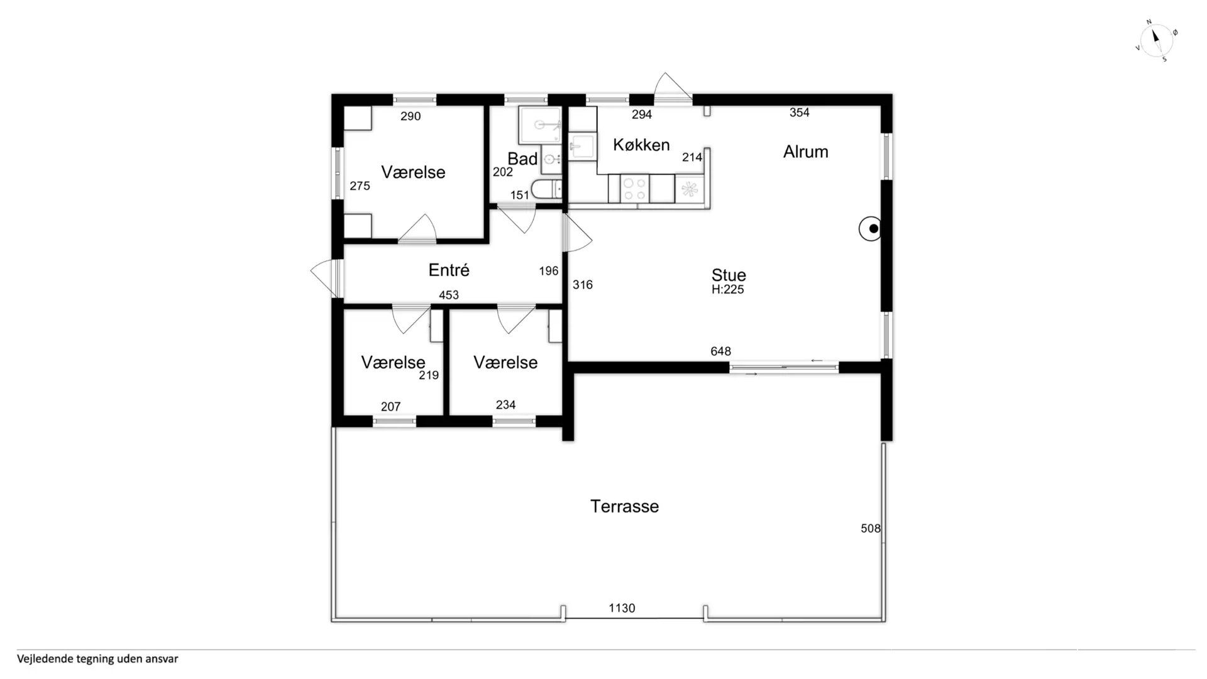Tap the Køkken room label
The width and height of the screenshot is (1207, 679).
[x=641, y=145]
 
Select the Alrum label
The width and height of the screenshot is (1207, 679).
[x=805, y=152]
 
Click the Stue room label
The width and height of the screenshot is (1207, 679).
[x=729, y=275]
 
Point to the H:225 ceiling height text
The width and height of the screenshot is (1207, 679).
[x=727, y=289]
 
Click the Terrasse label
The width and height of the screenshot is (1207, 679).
[x=624, y=506]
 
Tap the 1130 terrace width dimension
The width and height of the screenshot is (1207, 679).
[x=622, y=608]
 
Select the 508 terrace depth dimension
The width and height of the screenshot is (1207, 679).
[x=871, y=529]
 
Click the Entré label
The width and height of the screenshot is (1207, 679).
[x=449, y=270]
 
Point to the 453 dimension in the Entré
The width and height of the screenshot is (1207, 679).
[x=449, y=295]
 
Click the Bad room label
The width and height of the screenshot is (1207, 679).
[x=522, y=159]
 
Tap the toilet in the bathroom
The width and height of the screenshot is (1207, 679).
[x=546, y=189]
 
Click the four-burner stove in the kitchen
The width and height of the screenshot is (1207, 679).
[x=634, y=189]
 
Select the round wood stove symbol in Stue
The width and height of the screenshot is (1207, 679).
[x=870, y=229]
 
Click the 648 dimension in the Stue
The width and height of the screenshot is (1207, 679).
[x=720, y=351]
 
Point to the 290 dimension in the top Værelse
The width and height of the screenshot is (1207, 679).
[x=411, y=116]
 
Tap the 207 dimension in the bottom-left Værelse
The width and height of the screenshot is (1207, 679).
[x=390, y=407]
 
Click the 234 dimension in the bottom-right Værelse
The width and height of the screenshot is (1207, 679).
[x=505, y=405]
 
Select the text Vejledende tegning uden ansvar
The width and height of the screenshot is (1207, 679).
[x=97, y=659]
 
